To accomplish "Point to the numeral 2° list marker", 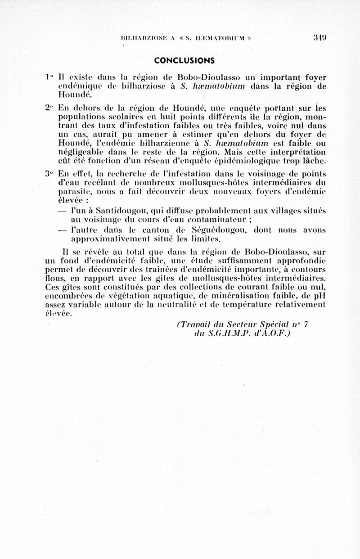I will coord(50,108).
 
